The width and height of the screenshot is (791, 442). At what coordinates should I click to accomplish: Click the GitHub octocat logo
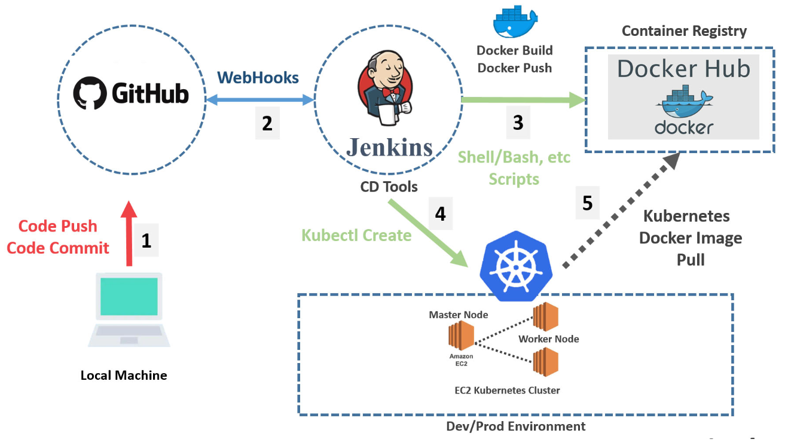click(x=89, y=93)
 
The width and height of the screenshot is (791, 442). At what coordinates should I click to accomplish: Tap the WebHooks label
click(x=258, y=77)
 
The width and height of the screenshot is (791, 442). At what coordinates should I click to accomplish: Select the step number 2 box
click(x=267, y=123)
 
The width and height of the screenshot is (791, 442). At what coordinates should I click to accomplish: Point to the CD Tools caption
click(x=389, y=187)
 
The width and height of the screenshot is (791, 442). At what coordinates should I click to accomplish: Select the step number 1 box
click(x=146, y=240)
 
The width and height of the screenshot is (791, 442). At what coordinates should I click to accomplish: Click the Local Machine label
click(x=124, y=376)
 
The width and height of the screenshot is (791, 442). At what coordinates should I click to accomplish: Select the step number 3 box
click(x=518, y=123)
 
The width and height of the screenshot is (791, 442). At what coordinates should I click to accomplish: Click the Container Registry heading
click(x=684, y=31)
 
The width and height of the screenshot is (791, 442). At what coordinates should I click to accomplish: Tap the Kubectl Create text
click(x=356, y=235)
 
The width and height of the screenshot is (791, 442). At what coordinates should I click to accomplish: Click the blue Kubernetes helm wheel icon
click(x=517, y=266)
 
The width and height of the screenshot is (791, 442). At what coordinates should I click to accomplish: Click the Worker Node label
click(x=548, y=339)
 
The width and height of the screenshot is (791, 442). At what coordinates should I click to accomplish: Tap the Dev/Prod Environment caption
click(x=515, y=426)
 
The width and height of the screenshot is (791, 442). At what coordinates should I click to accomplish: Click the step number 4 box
click(x=440, y=214)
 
